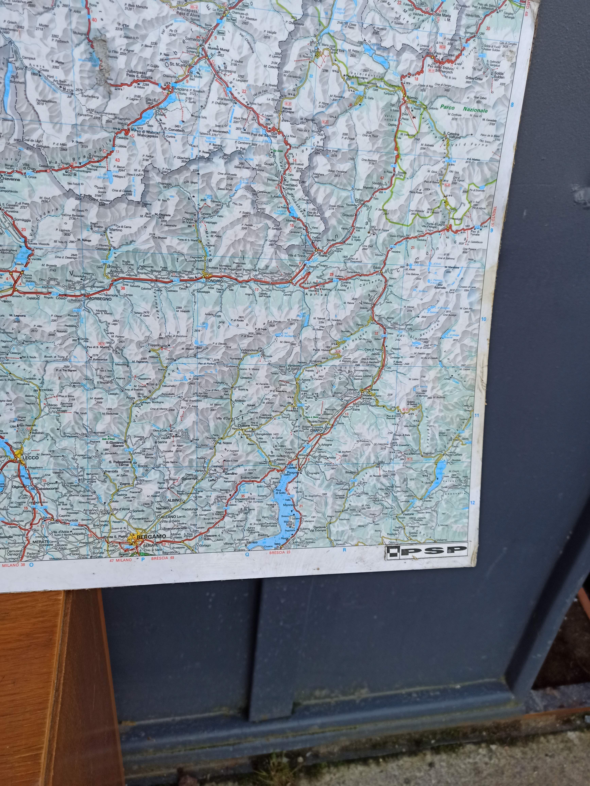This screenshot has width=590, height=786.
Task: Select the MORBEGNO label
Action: click(99, 299)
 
